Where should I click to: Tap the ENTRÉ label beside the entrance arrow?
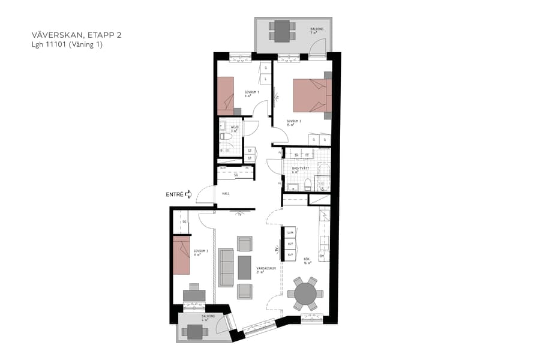click(x=175, y=194)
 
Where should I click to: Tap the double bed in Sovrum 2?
click(x=311, y=95)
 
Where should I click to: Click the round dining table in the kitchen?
click(x=305, y=294)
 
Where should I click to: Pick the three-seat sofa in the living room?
click(x=226, y=268)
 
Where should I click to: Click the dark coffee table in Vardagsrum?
click(x=244, y=268)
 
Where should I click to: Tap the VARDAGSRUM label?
click(x=265, y=269)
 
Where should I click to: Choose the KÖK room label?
click(x=306, y=260)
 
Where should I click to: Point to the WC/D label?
click(x=235, y=128)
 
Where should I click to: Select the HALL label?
click(x=226, y=194)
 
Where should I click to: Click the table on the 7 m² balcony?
click(x=281, y=31)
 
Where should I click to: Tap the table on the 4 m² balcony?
click(x=194, y=331)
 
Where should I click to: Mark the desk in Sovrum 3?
click(x=194, y=296)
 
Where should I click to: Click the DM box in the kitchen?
click(x=322, y=257)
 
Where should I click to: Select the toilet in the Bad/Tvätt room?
click(x=307, y=185)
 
